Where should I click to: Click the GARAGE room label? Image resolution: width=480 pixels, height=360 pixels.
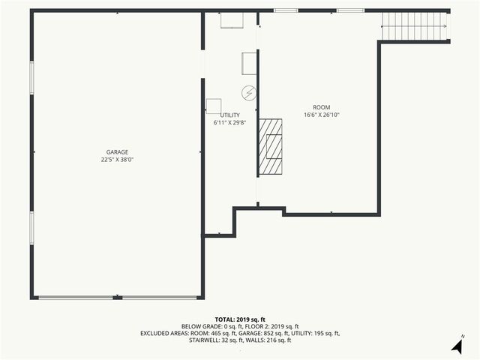117,151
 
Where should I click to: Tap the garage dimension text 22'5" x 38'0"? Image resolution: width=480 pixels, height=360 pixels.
117,159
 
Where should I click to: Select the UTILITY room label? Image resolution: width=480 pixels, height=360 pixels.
229,115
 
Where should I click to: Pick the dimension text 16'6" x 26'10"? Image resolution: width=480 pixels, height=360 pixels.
322,115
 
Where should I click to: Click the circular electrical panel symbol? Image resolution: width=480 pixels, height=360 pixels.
249,93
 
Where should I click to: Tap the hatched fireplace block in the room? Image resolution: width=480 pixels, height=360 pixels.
271,147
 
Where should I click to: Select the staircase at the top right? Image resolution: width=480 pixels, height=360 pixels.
415,27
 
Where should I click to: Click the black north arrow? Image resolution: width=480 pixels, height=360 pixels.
456,346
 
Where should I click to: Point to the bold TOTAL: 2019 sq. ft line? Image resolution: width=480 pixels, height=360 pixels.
240,319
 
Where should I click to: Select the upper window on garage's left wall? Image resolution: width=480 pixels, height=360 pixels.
31,77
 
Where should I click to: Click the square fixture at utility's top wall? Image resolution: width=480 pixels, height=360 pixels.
231,20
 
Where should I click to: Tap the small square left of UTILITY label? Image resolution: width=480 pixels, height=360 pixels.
214,106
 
